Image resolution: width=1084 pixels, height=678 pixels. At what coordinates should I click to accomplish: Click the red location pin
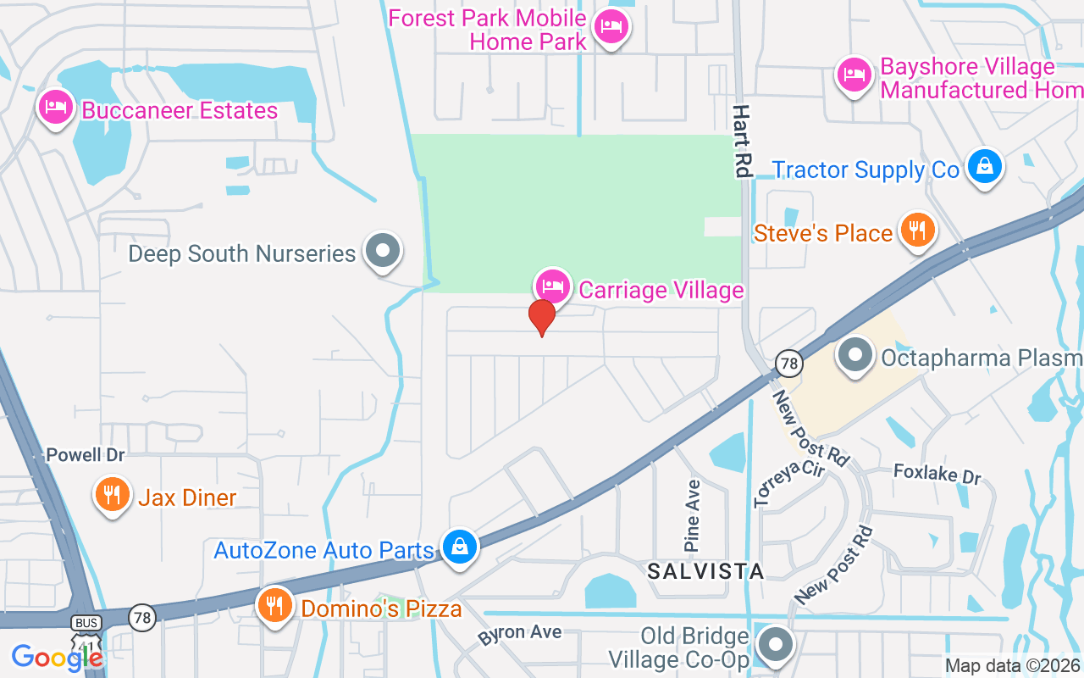coord(542,317)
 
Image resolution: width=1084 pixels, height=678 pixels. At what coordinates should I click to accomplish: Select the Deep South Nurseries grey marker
coord(383,251)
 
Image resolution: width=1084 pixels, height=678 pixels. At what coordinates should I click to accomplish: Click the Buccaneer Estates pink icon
coord(56,108)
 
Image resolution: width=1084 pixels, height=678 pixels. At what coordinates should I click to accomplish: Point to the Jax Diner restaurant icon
coord(112,494)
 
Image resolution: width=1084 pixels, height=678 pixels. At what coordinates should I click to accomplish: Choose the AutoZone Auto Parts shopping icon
coord(459,547)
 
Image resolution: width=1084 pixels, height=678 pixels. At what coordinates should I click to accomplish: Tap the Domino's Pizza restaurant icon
coord(274,605)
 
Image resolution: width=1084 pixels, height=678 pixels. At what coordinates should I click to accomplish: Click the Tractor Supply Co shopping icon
coord(985,167)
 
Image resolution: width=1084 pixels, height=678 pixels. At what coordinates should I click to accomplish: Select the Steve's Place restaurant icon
coord(917,230)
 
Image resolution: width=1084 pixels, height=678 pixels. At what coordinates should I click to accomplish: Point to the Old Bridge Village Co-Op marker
coord(774,646)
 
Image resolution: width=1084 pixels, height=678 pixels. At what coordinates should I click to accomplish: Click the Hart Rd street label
coord(743,141)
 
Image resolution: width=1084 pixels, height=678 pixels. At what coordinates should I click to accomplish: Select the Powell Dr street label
coord(86,455)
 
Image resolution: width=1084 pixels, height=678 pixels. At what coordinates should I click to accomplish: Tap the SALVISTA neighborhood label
coord(705,571)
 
